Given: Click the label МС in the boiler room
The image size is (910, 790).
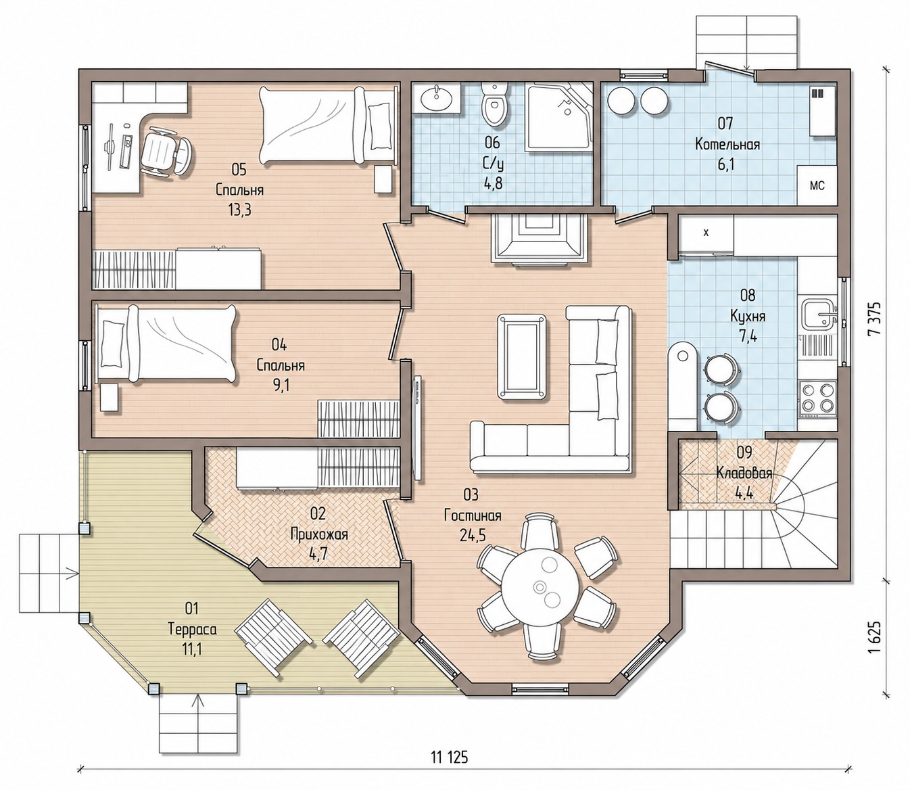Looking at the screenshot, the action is pyautogui.click(x=817, y=185).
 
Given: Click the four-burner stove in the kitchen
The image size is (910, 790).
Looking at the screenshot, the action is pyautogui.click(x=817, y=398).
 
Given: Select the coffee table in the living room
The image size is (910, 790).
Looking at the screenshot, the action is pyautogui.click(x=521, y=356).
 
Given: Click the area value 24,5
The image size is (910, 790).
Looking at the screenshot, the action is pyautogui.click(x=473, y=535).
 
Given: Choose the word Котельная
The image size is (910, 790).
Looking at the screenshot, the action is pyautogui.click(x=727, y=145).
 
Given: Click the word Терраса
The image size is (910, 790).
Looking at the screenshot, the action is pyautogui.click(x=192, y=630).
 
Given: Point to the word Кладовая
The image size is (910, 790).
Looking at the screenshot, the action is pyautogui.click(x=744, y=473).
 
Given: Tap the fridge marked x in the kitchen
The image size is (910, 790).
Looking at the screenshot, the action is pyautogui.click(x=705, y=233).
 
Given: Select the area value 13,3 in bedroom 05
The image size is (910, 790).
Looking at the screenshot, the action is pyautogui.click(x=240, y=210).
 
